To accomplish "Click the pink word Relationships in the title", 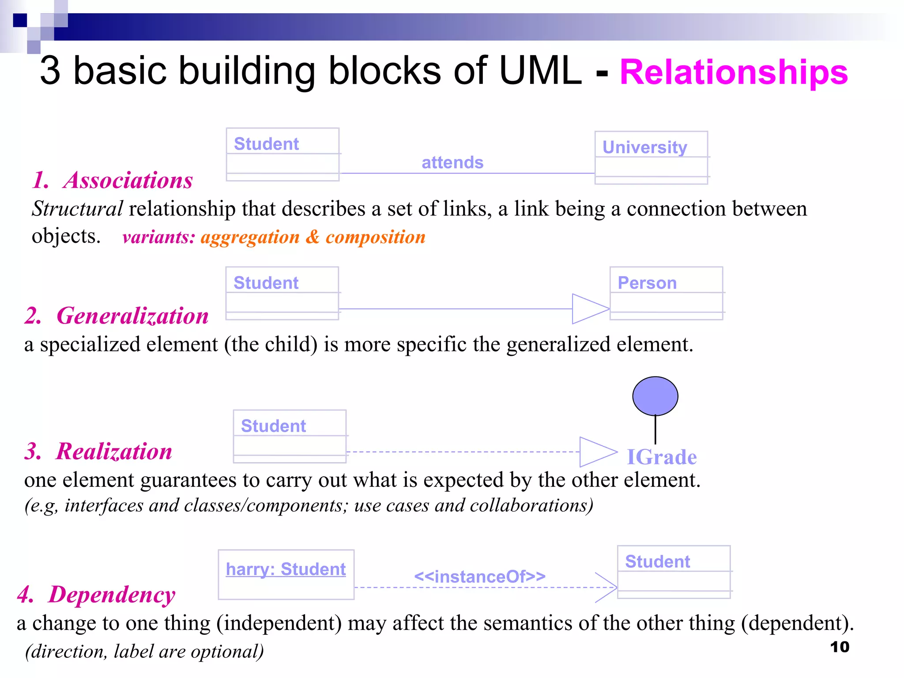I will [733, 72].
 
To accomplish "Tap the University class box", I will [651, 158].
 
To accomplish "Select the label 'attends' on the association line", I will [452, 162].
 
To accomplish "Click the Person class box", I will [666, 293].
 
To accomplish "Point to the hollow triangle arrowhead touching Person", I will [589, 309].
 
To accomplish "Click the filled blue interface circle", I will [655, 396].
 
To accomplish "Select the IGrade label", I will [662, 457].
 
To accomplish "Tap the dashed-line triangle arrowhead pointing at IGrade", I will [597, 452].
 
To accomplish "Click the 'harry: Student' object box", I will [286, 574].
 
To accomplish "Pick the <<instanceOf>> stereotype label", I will [480, 576].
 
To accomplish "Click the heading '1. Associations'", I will [113, 180].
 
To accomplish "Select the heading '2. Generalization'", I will [117, 316].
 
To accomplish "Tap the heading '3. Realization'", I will [98, 451].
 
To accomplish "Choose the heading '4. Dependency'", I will [96, 594].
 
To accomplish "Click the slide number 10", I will [840, 647].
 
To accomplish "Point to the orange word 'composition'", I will [375, 237].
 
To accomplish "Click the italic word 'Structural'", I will [77, 209].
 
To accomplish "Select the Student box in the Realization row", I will [290, 436].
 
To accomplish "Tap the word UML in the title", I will [540, 71].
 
